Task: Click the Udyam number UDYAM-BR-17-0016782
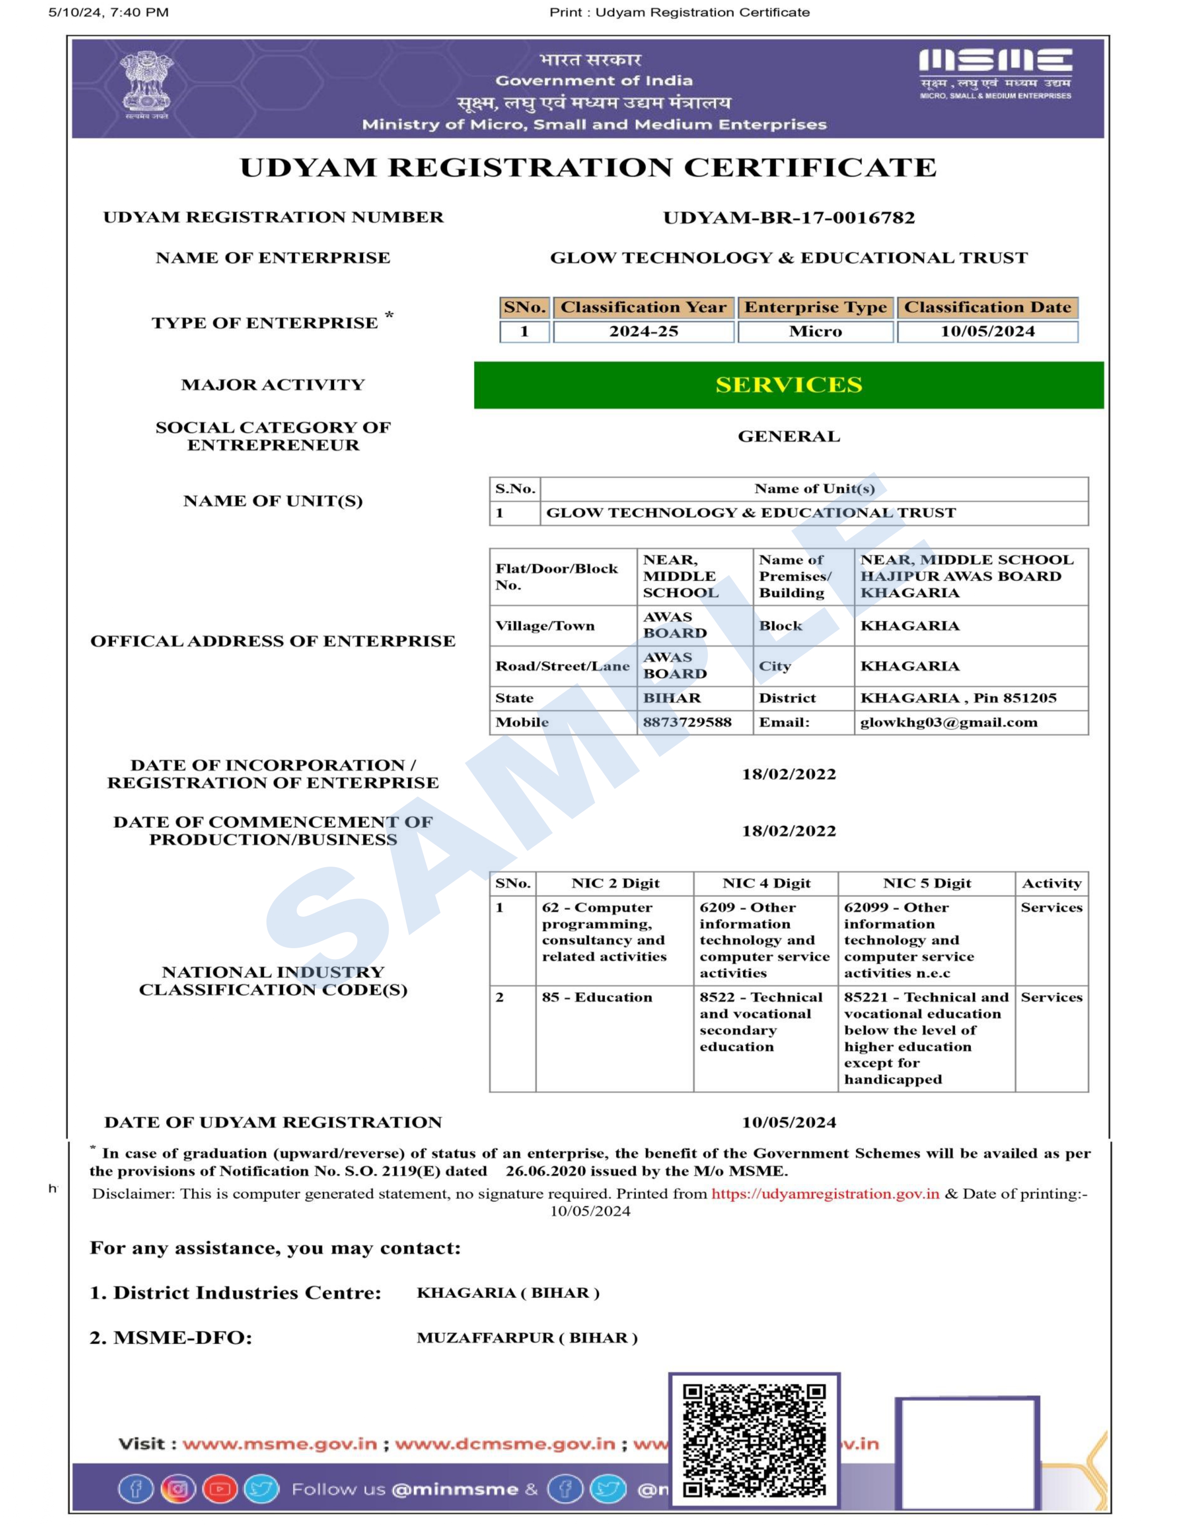[x=789, y=217]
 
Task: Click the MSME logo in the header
[x=995, y=73]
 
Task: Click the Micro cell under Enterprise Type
[x=815, y=331]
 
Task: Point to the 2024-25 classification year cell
[x=643, y=331]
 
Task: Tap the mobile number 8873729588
[x=687, y=722]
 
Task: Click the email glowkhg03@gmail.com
[x=949, y=722]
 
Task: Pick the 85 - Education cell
[x=597, y=997]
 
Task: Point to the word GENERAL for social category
[x=789, y=436]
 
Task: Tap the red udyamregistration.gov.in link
[x=825, y=1193]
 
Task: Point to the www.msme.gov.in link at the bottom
[x=279, y=1444]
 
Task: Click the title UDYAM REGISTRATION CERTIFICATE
[x=588, y=168]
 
